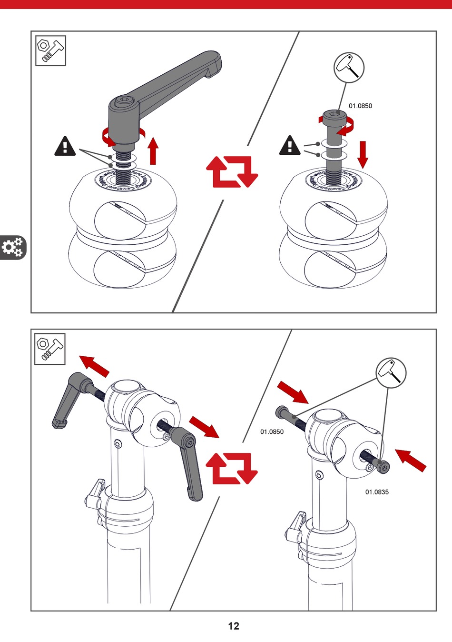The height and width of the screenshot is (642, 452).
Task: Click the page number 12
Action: [x=234, y=626]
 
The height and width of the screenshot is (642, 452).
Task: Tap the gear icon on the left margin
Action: [x=12, y=247]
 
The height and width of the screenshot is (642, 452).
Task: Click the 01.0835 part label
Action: [x=377, y=492]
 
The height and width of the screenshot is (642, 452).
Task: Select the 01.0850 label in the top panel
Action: [x=360, y=106]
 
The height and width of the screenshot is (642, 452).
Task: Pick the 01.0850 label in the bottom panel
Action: [x=272, y=432]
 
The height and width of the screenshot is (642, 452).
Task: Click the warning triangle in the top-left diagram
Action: [x=65, y=147]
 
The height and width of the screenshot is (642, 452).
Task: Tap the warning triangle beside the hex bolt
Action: [x=290, y=146]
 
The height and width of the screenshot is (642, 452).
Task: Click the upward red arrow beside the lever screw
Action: [x=153, y=150]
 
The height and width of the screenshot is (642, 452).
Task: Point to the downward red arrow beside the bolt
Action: [x=363, y=154]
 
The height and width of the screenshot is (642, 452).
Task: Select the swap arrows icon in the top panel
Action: [x=232, y=171]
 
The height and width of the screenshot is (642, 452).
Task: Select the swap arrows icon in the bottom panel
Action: [x=232, y=468]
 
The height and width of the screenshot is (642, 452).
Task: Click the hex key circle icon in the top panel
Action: [x=349, y=68]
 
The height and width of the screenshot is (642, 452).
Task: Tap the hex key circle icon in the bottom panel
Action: [x=391, y=373]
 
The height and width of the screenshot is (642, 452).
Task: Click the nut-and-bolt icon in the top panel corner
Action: [x=50, y=50]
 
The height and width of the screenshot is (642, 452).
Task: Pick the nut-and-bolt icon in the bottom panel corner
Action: [x=50, y=349]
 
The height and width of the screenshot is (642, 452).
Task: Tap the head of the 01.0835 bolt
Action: [x=383, y=467]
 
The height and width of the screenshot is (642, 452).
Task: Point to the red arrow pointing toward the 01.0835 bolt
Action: [x=411, y=461]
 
